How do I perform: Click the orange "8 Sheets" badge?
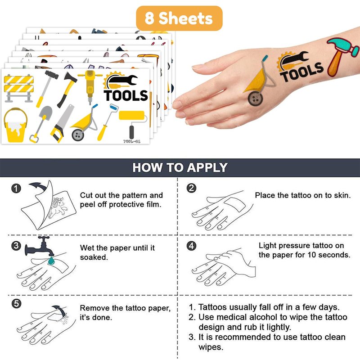179,18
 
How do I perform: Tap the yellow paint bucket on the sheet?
15,126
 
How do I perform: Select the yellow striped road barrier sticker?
19,88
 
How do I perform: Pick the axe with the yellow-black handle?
67,90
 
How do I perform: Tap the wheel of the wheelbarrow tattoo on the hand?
255,99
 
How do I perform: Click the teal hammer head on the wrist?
342,47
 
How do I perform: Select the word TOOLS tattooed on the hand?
301,72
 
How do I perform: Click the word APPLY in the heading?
207,167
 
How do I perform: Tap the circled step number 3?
16,246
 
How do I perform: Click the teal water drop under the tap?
51,261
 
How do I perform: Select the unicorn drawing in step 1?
58,207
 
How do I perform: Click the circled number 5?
16,304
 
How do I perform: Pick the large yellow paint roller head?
132,116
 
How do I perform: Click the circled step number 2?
191,188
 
